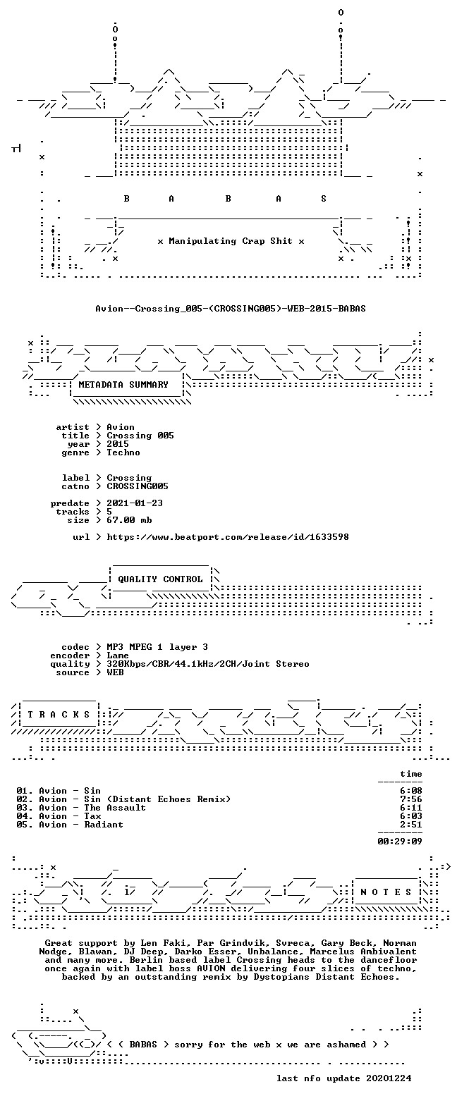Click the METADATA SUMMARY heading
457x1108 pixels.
point(123,384)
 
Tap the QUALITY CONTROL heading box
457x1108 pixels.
point(160,579)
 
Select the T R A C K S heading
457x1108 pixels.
point(59,714)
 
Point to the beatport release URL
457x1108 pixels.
point(228,536)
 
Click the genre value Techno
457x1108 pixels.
point(123,452)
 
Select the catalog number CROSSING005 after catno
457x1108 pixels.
point(138,486)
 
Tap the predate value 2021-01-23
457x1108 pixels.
point(135,503)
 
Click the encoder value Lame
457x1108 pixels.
point(118,655)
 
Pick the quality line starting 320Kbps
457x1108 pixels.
point(208,664)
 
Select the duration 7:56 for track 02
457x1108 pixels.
point(411,799)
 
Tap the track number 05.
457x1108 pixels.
point(24,824)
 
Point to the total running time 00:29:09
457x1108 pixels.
point(400,841)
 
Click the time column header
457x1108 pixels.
point(411,774)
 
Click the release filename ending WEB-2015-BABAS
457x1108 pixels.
point(231,308)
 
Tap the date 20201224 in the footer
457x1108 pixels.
point(389,1078)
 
